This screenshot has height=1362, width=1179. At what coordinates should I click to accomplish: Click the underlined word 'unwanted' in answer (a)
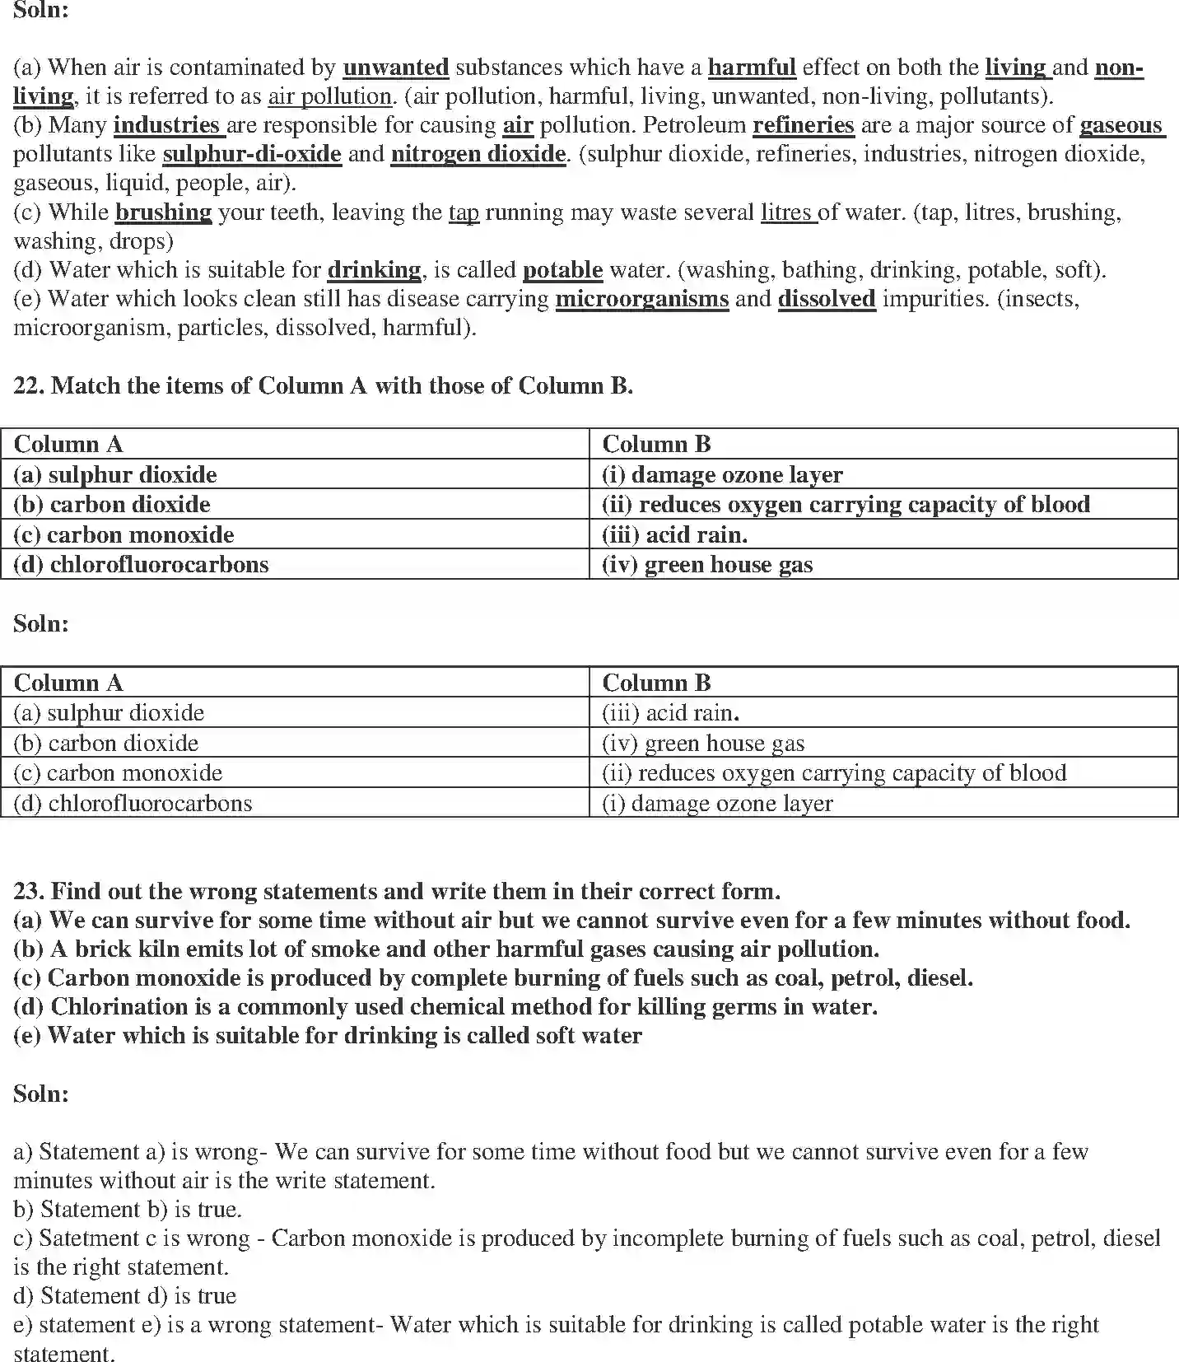(x=395, y=68)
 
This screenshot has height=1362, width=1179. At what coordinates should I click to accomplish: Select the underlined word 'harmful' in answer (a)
(x=752, y=68)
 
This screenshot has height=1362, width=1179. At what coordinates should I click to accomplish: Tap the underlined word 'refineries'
(x=803, y=125)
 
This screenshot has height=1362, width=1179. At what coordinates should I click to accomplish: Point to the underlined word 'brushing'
(x=163, y=212)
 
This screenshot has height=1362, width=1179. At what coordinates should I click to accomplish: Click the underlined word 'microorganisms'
(x=642, y=299)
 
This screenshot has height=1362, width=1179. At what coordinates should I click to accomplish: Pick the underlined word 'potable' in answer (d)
(x=562, y=270)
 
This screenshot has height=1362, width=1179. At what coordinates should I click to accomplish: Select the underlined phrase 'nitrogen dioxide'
(x=478, y=154)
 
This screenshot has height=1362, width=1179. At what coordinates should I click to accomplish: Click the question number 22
(x=29, y=386)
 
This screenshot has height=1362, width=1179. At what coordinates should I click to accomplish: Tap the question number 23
(x=29, y=891)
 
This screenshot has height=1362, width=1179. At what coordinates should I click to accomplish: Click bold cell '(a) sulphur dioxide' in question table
(x=115, y=475)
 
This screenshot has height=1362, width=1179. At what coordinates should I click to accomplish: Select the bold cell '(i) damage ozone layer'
(x=722, y=475)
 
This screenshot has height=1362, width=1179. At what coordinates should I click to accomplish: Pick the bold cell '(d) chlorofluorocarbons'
(x=141, y=565)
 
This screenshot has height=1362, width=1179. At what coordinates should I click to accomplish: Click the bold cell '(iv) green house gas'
(x=707, y=565)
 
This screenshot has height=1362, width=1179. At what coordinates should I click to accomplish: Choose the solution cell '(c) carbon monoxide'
(x=118, y=773)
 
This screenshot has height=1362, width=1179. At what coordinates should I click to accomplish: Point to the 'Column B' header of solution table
(x=656, y=683)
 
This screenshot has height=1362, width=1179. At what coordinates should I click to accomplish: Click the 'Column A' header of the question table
(x=68, y=445)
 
